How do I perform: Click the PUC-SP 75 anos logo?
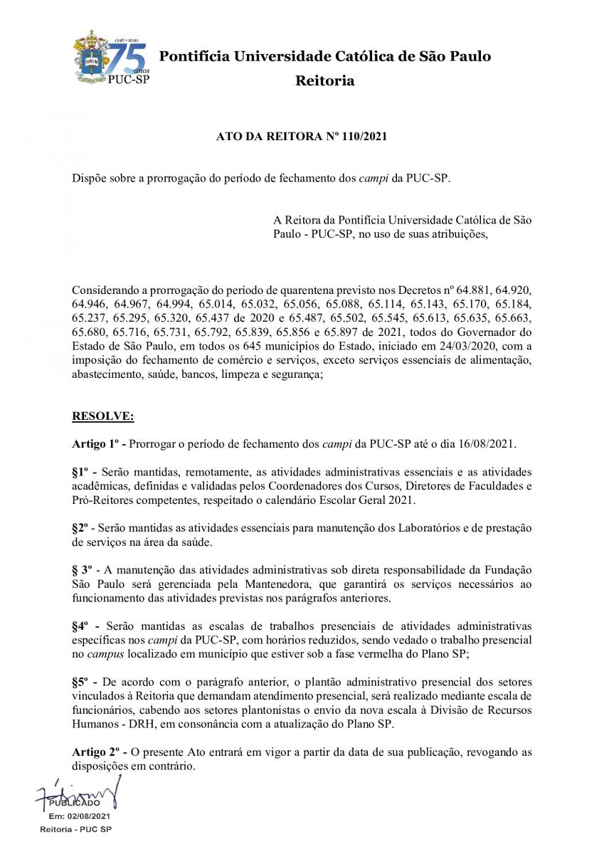tap(111, 59)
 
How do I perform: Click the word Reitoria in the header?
tap(324, 80)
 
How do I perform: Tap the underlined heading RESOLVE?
tap(102, 415)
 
